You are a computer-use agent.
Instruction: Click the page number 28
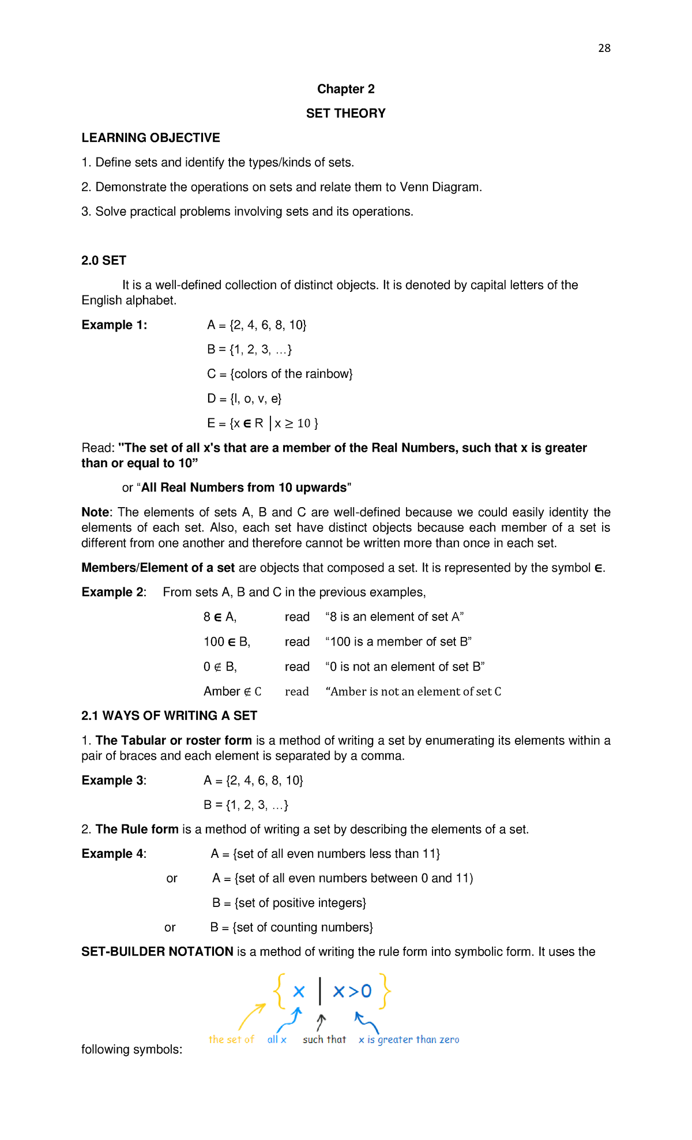tap(604, 48)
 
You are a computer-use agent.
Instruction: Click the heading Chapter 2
tap(345, 89)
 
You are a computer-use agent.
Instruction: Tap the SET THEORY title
tap(345, 113)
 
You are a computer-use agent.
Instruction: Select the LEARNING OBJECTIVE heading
tap(151, 138)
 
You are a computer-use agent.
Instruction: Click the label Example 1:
tap(114, 325)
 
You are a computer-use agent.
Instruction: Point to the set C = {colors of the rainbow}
tap(280, 374)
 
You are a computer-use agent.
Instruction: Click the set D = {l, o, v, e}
tap(244, 399)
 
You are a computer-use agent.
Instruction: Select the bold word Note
tap(95, 512)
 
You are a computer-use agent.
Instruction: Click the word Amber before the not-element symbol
tap(221, 691)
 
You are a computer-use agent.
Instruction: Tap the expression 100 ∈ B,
tap(227, 642)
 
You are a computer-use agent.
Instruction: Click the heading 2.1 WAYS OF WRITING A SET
tap(169, 715)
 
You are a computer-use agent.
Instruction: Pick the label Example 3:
tap(114, 781)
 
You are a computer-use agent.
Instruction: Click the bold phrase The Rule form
tap(137, 829)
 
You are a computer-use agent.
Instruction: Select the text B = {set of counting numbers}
tap(292, 927)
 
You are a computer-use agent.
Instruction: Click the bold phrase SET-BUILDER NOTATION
tap(157, 951)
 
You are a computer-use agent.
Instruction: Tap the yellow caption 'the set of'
tap(231, 1039)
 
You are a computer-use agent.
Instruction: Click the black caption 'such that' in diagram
tap(324, 1039)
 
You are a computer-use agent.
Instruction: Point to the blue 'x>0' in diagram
tap(352, 991)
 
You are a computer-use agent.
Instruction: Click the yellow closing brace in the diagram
tap(385, 991)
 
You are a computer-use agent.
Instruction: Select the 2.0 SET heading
tap(104, 260)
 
